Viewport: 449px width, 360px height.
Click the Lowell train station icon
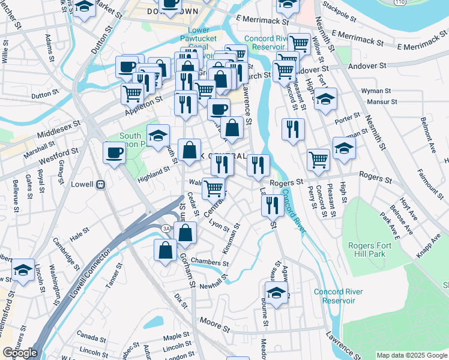point(101,184)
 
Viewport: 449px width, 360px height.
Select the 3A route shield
point(166,227)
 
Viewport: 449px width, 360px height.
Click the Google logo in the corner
point(20,353)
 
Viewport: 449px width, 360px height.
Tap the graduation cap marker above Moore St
point(276,294)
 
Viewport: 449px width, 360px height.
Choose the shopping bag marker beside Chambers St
point(165,250)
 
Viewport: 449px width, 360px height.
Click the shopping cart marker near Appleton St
point(132,94)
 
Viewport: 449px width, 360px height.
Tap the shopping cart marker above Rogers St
point(318,160)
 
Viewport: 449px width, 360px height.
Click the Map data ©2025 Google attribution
point(412,355)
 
